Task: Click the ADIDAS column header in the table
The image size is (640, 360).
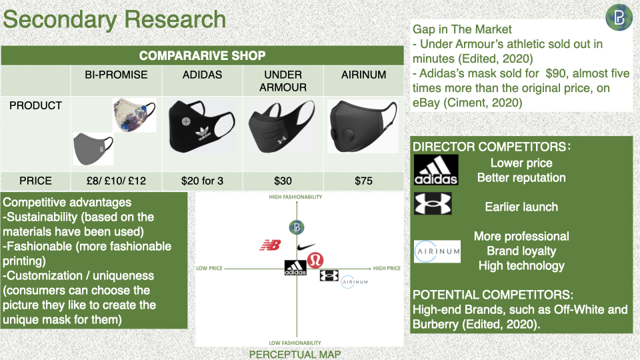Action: click(202, 75)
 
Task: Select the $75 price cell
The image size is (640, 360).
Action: click(363, 181)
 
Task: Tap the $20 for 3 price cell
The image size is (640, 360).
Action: click(202, 181)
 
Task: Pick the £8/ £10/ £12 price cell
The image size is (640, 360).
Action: click(116, 181)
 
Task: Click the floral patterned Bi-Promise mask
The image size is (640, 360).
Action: click(134, 115)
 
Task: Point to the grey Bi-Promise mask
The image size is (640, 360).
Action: click(93, 149)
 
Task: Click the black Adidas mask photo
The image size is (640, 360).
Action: click(202, 126)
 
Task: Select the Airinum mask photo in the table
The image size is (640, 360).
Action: click(363, 127)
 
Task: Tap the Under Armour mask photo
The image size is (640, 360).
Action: click(282, 127)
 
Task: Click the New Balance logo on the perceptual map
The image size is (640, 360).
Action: click(270, 245)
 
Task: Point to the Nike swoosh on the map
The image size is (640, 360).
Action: click(306, 247)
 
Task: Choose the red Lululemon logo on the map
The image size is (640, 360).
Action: click(315, 260)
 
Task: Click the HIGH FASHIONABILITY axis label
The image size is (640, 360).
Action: click(295, 197)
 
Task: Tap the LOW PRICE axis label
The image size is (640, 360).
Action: click(209, 268)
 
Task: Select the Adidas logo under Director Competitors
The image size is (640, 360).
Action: click(436, 170)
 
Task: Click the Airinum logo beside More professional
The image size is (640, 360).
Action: click(437, 251)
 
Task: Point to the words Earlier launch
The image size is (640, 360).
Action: click(521, 207)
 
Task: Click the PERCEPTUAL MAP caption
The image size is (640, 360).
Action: click(295, 354)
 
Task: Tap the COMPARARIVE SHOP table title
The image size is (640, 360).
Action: click(202, 55)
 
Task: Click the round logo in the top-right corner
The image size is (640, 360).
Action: click(619, 17)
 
